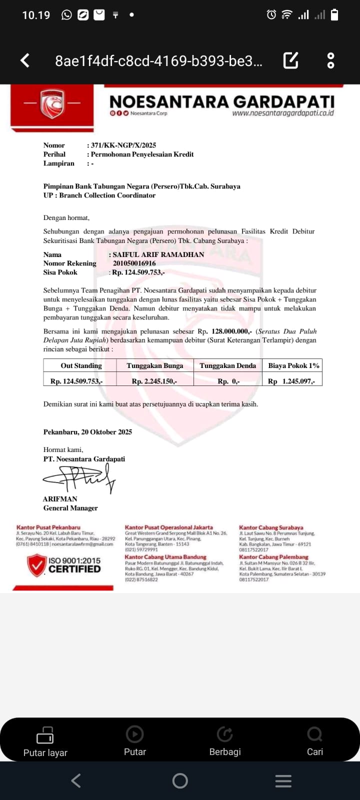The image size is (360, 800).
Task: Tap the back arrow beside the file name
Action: coord(25,60)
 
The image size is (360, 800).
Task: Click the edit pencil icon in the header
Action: coord(291,60)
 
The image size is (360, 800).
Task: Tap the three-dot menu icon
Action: coord(330,60)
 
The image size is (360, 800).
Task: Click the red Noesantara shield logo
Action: coord(52,104)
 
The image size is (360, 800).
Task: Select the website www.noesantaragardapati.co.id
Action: coord(282,113)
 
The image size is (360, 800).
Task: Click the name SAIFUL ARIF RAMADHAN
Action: coord(158,254)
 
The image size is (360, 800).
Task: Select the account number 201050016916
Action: coord(134,263)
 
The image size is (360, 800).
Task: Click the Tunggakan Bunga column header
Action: coord(155,365)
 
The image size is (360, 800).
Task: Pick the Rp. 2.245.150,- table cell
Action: coord(154,381)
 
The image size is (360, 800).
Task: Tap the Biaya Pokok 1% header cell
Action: coord(293,365)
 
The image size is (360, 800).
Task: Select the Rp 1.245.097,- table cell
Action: coord(291,381)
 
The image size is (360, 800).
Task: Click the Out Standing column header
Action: coord(81,365)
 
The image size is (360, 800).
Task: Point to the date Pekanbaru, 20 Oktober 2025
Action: coord(87,432)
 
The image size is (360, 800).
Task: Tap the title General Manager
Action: coord(70,508)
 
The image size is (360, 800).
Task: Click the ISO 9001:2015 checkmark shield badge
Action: coord(36,565)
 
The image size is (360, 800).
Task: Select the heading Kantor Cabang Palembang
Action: coord(273,557)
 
